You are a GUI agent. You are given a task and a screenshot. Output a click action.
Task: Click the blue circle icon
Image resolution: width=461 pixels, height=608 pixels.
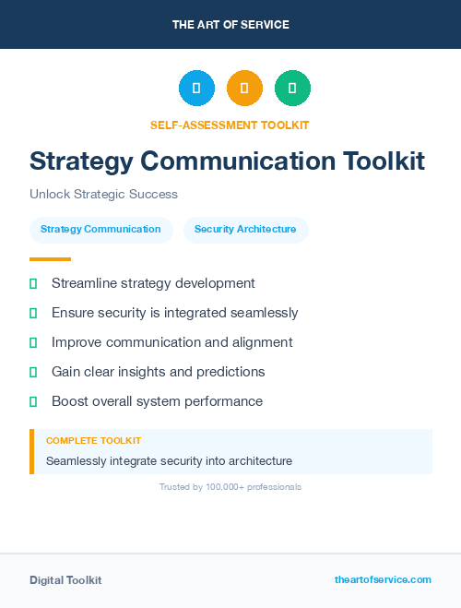(x=196, y=89)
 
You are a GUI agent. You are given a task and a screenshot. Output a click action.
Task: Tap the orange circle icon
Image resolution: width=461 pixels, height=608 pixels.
(x=244, y=89)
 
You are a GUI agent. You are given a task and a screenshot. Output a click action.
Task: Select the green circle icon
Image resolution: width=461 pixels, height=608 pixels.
(x=292, y=89)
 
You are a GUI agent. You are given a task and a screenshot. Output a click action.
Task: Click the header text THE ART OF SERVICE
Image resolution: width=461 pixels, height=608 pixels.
(x=230, y=25)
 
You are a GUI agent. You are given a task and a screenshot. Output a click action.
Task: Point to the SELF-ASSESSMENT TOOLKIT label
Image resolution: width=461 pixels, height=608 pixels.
(x=230, y=125)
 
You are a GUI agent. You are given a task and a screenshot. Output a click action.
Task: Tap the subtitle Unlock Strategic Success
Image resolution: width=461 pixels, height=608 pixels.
(x=103, y=194)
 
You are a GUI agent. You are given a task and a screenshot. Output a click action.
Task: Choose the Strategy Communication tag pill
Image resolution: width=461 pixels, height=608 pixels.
(x=100, y=229)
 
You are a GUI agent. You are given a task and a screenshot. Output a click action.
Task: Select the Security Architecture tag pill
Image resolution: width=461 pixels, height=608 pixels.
(x=245, y=229)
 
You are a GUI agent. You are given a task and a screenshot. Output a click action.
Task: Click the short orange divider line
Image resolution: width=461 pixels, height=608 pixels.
(x=50, y=259)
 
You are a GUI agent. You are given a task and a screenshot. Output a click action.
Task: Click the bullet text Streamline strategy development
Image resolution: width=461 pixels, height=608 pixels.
(x=153, y=283)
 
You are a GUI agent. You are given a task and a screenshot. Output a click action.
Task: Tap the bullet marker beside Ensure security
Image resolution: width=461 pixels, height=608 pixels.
(x=33, y=314)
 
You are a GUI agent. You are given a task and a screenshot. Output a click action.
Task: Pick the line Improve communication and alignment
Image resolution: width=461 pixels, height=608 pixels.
(x=172, y=342)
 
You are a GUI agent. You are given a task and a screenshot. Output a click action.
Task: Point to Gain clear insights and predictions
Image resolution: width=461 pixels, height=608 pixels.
(x=159, y=372)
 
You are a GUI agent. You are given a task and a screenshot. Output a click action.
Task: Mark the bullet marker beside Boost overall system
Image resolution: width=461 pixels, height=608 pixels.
(x=33, y=401)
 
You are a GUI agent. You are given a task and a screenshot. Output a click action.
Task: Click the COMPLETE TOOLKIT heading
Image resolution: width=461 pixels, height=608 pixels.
(x=94, y=441)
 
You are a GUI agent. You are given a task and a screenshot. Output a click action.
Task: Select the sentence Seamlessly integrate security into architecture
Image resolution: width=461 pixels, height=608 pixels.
(x=169, y=460)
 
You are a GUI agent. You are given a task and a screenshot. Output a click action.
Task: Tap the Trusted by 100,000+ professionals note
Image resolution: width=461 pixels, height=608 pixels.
(x=230, y=486)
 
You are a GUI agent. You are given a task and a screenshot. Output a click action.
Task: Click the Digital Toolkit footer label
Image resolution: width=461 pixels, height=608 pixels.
(x=65, y=580)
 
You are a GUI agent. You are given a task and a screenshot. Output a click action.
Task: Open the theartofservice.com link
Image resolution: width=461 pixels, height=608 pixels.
(x=383, y=579)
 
